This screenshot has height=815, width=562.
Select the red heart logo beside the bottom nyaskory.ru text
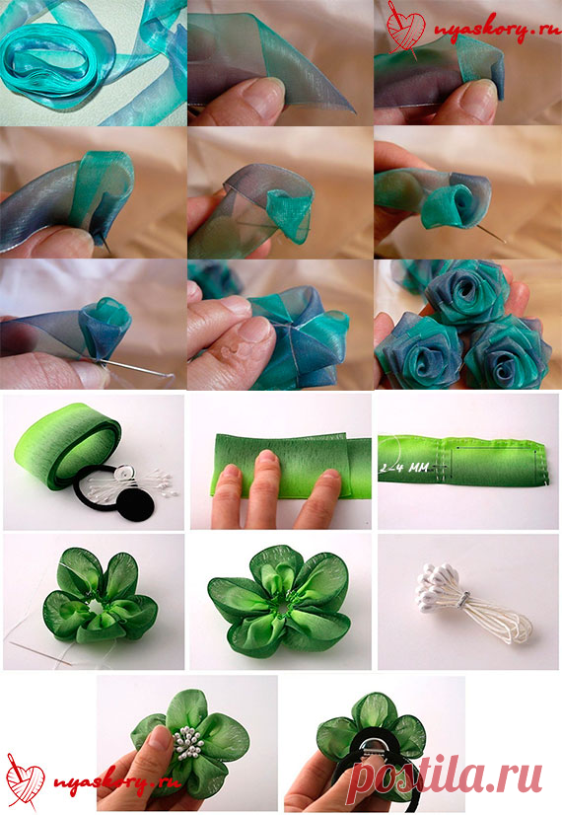[24, 778]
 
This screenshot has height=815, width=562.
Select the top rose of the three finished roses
[464, 295]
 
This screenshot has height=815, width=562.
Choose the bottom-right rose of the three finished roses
[507, 353]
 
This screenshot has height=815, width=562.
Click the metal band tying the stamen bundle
[464, 596]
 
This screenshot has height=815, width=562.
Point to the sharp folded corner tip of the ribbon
[355, 112]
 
